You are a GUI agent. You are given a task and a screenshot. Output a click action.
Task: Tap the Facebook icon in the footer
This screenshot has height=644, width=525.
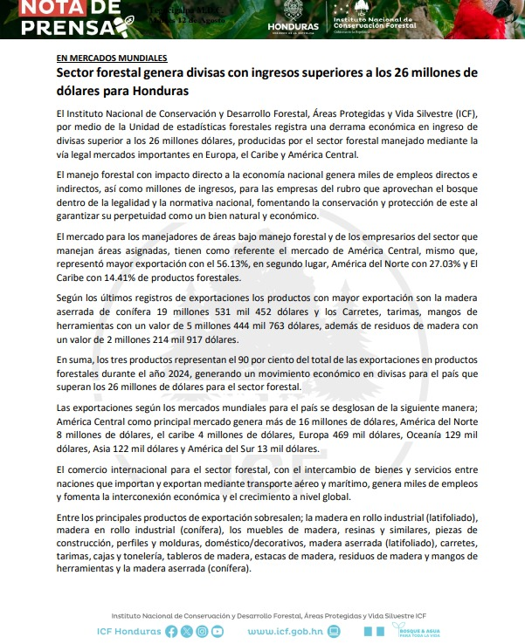pos(171,631)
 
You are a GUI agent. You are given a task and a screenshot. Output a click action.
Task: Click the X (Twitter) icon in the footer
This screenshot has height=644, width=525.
pos(187,631)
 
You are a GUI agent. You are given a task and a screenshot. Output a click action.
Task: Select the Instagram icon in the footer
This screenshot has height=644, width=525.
pos(202,631)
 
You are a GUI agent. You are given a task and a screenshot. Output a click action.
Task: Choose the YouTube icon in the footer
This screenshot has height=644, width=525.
pos(217,631)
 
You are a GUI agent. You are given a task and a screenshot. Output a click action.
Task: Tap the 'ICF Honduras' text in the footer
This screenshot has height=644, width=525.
pos(128,631)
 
